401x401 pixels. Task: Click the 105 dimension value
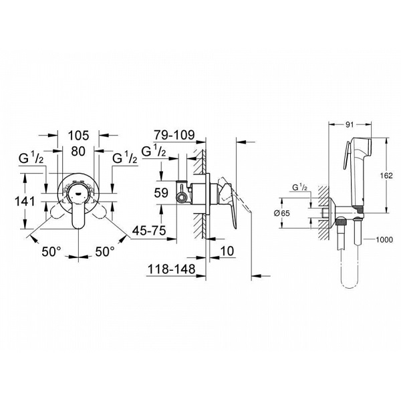[x=78, y=135]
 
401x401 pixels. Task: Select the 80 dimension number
[x=78, y=151]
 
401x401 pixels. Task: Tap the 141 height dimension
[x=25, y=201]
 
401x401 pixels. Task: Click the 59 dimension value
[x=161, y=192]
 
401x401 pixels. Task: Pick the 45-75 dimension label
[x=149, y=231]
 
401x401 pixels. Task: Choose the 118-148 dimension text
[x=172, y=269]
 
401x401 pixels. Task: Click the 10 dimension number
[x=227, y=251]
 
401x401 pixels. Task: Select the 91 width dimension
[x=350, y=124]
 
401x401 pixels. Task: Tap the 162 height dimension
[x=386, y=175]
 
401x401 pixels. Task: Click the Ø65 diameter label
[x=282, y=213]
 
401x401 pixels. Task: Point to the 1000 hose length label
[x=384, y=240]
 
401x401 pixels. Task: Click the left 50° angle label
[x=51, y=252]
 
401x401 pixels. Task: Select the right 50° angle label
[x=105, y=252]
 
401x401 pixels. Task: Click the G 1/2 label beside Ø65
[x=299, y=187]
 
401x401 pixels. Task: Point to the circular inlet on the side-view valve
[x=182, y=197]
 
